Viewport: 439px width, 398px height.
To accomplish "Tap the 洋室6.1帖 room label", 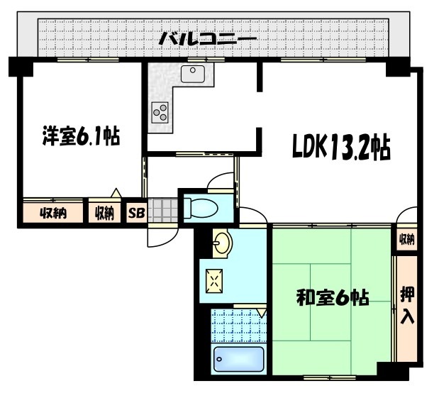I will pyautogui.click(x=79, y=136).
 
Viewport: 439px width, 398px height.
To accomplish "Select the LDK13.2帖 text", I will pyautogui.click(x=340, y=148).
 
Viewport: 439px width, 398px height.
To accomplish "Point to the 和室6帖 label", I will pyautogui.click(x=331, y=298).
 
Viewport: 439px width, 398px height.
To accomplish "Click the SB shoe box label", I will pyautogui.click(x=135, y=213).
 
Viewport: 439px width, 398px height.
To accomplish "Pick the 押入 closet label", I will pyautogui.click(x=407, y=306).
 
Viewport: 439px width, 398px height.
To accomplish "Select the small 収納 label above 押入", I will pyautogui.click(x=406, y=240).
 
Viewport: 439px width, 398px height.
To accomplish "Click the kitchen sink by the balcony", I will pyautogui.click(x=192, y=73).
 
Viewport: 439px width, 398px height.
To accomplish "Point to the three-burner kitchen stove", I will pyautogui.click(x=160, y=112).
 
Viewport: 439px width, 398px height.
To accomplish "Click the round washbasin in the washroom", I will pyautogui.click(x=223, y=243).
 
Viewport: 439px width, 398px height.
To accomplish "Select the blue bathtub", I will pyautogui.click(x=238, y=360).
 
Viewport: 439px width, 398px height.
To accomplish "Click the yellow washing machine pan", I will pyautogui.click(x=214, y=281).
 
